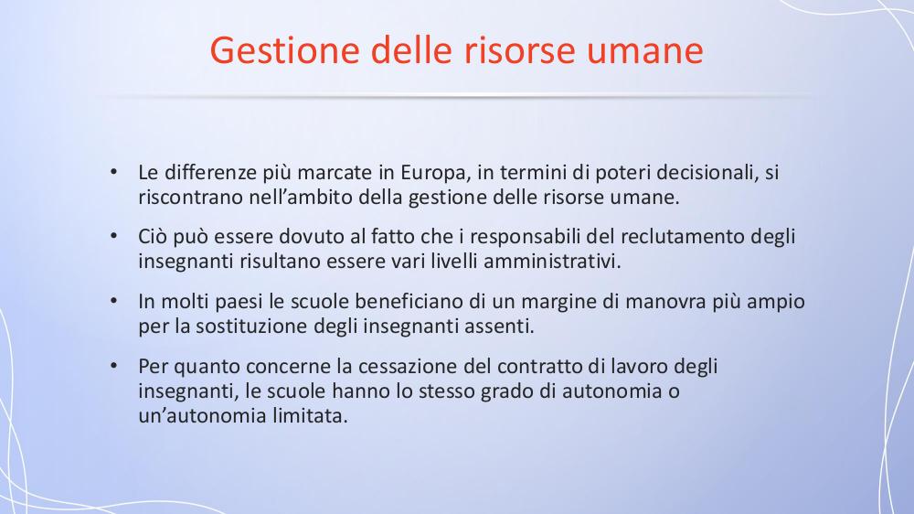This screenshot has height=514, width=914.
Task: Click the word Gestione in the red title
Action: pos(285,50)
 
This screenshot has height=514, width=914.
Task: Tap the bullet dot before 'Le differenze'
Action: pos(113,172)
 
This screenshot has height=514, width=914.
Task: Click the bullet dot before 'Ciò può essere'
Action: pos(113,236)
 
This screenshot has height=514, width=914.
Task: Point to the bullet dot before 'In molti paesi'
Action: pos(113,301)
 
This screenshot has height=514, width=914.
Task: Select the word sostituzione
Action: pos(252,327)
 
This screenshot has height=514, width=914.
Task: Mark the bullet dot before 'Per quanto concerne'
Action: pos(113,366)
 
